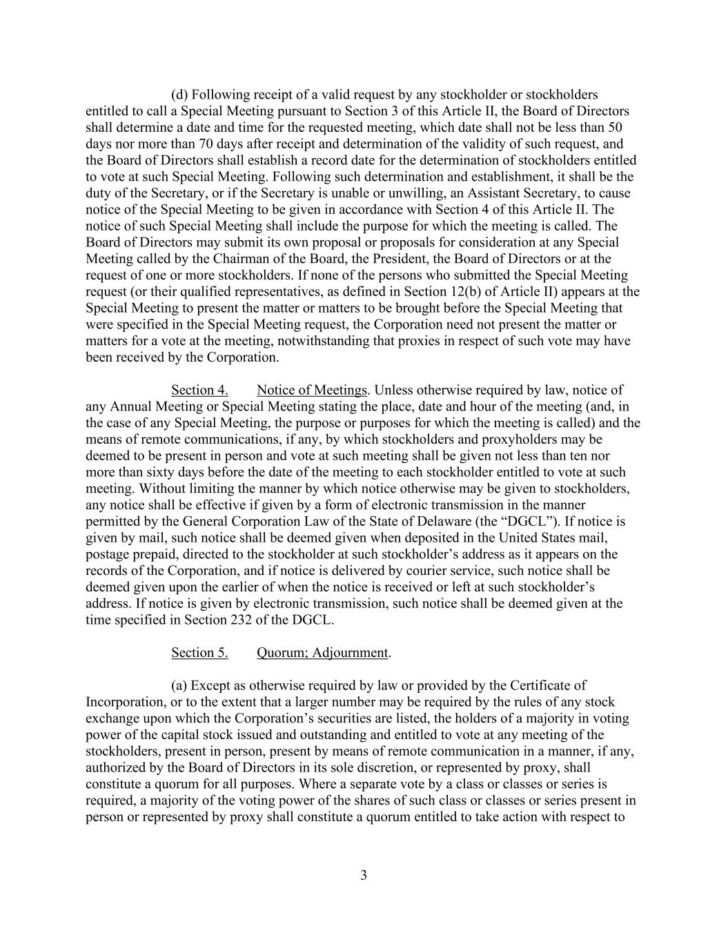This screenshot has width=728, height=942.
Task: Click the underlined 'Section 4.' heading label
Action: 199,390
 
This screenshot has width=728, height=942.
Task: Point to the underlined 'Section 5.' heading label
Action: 199,653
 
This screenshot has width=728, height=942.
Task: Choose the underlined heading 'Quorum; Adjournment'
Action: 322,653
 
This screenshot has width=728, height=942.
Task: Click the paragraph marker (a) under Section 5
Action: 179,685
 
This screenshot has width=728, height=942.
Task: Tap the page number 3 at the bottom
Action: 364,876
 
